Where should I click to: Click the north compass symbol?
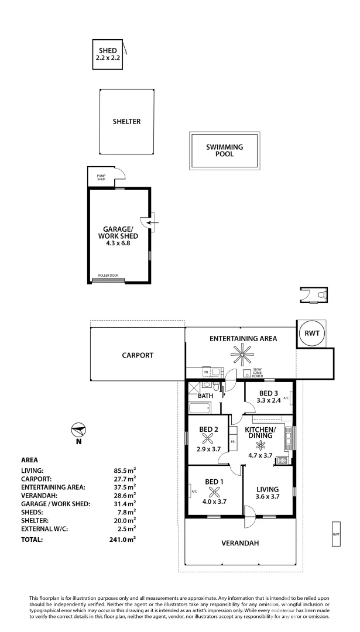78,431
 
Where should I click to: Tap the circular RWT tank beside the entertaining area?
312,333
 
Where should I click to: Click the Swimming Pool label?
224,150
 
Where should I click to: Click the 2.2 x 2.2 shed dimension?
108,58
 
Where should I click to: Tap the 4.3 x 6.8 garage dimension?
119,243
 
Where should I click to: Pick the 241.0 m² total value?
124,540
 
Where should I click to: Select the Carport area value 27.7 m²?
124,478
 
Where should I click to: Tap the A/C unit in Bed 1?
193,492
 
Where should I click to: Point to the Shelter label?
126,122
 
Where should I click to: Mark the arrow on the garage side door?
150,222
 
